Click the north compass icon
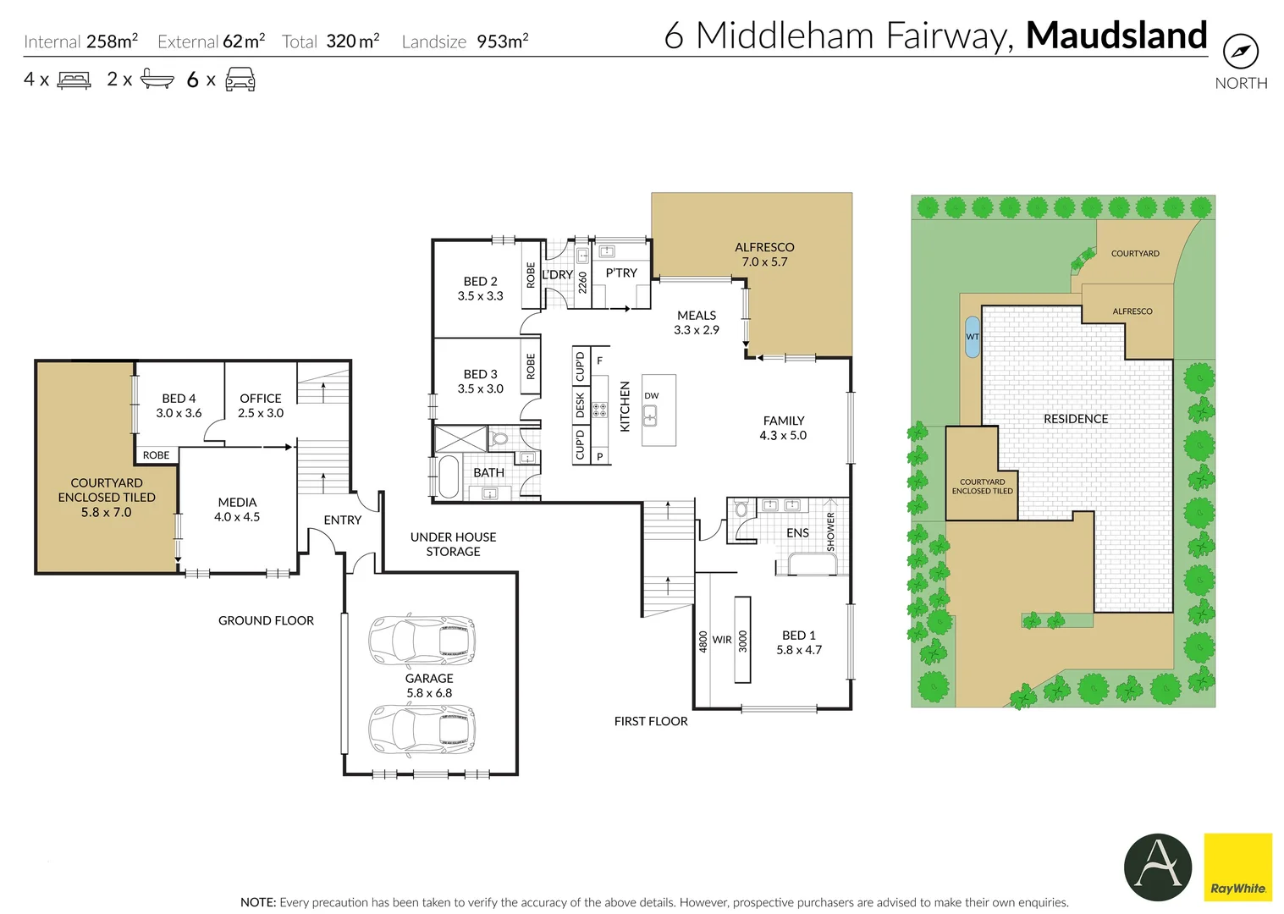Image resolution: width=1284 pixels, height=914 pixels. (1241, 51)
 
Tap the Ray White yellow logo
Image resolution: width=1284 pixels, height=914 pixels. (1237, 867)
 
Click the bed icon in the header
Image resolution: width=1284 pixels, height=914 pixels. (74, 80)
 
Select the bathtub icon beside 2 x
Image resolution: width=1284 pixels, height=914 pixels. (157, 79)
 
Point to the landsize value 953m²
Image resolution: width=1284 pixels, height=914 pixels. (502, 41)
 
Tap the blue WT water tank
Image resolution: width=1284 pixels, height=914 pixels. (973, 337)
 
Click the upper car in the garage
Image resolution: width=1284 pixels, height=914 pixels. (422, 639)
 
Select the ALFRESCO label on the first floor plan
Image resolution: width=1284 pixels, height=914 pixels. (764, 247)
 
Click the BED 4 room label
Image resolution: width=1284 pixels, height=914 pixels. (179, 399)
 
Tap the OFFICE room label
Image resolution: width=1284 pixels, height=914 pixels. (260, 399)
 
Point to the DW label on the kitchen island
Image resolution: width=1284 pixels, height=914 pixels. (652, 395)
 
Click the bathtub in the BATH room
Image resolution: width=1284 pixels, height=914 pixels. (448, 476)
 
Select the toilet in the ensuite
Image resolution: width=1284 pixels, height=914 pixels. (741, 508)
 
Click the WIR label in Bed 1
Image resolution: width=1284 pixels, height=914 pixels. (722, 640)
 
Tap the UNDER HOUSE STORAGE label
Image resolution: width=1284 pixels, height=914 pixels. (453, 544)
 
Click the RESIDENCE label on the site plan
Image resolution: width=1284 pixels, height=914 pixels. (1075, 419)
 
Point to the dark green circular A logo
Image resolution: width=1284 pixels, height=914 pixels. (1157, 867)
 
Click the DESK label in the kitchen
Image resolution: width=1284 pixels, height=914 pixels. (580, 405)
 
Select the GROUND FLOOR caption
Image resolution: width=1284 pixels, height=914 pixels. (266, 620)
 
